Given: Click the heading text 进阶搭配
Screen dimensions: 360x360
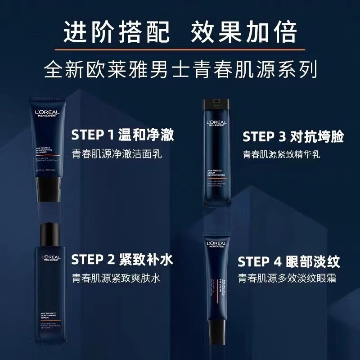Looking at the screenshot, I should coord(117,32).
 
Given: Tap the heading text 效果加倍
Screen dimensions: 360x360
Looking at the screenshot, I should coord(244,32).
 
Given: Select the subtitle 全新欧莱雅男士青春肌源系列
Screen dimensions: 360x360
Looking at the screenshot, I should coord(180,71).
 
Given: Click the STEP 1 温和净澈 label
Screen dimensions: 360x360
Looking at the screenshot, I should coord(122,135).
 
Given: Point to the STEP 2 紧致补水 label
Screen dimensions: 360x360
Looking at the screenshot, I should coord(122,260).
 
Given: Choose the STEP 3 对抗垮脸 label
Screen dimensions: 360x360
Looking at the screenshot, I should coord(290,137).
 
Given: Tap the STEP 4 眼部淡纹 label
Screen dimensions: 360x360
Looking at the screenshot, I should coord(288,261).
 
